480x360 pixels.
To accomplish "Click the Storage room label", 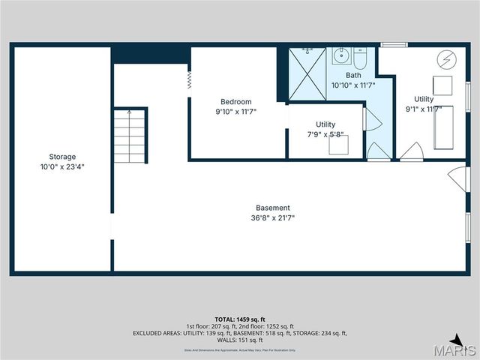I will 62,157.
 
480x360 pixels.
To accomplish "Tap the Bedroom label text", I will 235,102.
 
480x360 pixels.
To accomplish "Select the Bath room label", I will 353,76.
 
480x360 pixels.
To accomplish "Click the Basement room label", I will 272,208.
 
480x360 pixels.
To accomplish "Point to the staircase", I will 129,136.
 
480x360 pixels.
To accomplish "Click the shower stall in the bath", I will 307,73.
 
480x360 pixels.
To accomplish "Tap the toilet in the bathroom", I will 361,57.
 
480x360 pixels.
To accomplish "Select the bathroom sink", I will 341,55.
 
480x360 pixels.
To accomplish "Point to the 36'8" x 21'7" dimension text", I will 272,218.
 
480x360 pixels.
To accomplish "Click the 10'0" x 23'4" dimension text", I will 62,167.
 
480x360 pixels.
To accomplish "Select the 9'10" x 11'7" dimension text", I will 235,112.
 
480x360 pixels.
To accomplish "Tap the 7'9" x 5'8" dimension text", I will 325,135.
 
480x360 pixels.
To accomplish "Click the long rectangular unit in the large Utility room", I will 443,127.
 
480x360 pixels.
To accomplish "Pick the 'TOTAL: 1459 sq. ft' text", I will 240,319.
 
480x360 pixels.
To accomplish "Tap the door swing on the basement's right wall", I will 455,177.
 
